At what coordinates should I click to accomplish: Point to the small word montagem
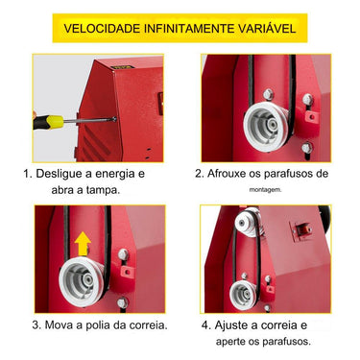(266, 191)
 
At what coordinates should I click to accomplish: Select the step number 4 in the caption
(206, 325)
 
